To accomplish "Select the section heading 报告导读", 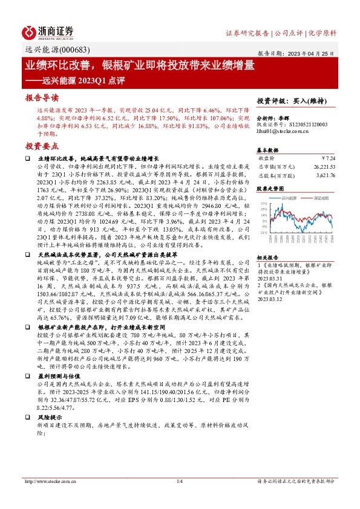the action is point(42,97).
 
